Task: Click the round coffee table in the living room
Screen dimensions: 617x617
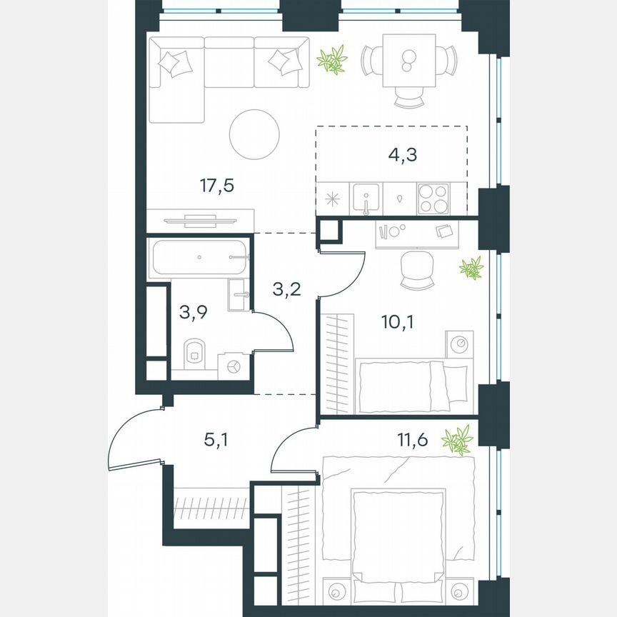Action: coord(254,134)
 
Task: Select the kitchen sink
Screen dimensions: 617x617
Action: coord(366,197)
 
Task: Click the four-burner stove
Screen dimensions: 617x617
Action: coord(433,197)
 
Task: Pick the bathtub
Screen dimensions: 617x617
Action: coord(199,255)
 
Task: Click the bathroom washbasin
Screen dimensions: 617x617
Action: coord(240,295)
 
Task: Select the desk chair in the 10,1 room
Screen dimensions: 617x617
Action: coord(418,270)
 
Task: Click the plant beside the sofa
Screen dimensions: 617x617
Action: coord(332,60)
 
